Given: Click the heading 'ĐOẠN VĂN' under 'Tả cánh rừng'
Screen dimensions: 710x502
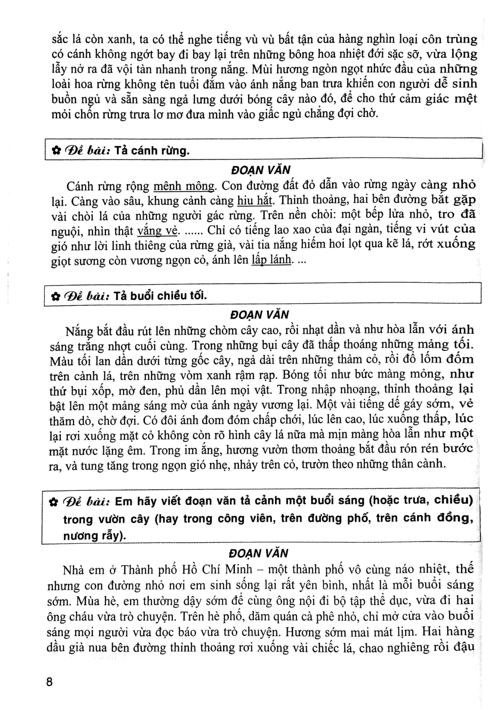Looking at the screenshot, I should pyautogui.click(x=260, y=169).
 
